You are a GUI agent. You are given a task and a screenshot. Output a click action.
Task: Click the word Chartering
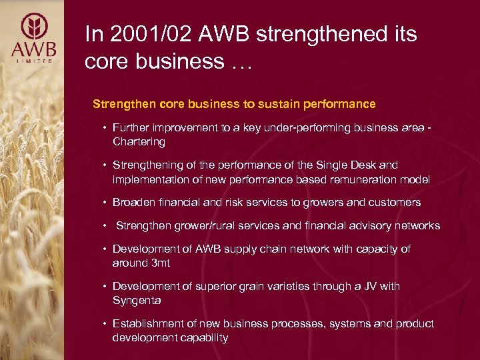[139, 142]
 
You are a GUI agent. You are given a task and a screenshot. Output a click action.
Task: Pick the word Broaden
[134, 202]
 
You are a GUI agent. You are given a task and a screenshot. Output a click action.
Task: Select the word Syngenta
[137, 301]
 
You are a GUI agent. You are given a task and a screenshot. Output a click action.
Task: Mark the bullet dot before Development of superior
[105, 286]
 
